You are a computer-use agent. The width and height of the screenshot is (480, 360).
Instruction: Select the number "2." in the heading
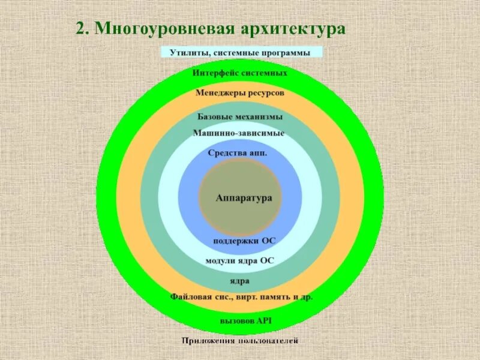point(82,29)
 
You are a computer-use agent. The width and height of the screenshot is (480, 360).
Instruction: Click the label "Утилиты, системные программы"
point(240,53)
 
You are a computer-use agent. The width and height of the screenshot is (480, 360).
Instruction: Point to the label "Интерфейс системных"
point(240,73)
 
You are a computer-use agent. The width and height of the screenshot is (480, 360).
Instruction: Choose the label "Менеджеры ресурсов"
point(240,93)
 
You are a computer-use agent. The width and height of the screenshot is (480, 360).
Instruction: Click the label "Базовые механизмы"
point(240,116)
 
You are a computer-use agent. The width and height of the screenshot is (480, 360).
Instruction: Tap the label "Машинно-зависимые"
point(239,133)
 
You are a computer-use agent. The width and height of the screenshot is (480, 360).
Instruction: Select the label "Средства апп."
point(238,152)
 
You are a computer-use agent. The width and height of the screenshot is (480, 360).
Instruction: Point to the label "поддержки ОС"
point(244,241)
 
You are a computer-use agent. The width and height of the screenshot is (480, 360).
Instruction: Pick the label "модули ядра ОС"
point(240,261)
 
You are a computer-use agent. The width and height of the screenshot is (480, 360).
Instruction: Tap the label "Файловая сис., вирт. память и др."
point(241,296)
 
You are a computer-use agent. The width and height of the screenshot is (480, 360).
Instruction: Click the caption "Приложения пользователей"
point(240,341)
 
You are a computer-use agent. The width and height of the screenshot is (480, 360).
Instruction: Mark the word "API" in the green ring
point(265,320)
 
